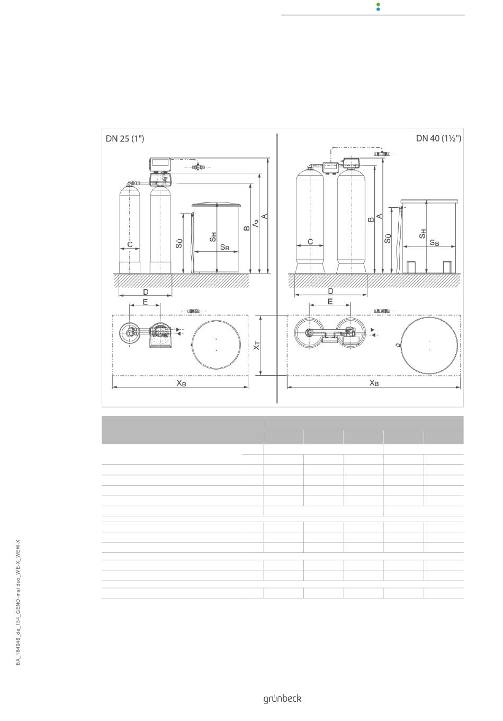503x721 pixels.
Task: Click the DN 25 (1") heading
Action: point(125,138)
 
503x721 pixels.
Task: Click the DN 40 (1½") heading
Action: point(438,138)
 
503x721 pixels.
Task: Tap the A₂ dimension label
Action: point(256,223)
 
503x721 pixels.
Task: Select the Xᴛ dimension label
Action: point(256,346)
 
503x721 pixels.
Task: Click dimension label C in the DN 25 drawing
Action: point(130,244)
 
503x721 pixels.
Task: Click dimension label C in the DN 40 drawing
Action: point(310,241)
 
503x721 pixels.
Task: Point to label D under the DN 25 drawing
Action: point(146,292)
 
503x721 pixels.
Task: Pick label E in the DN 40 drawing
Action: point(330,302)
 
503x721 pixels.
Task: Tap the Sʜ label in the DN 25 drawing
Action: point(213,237)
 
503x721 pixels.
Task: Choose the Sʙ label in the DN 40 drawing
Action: point(434,243)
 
